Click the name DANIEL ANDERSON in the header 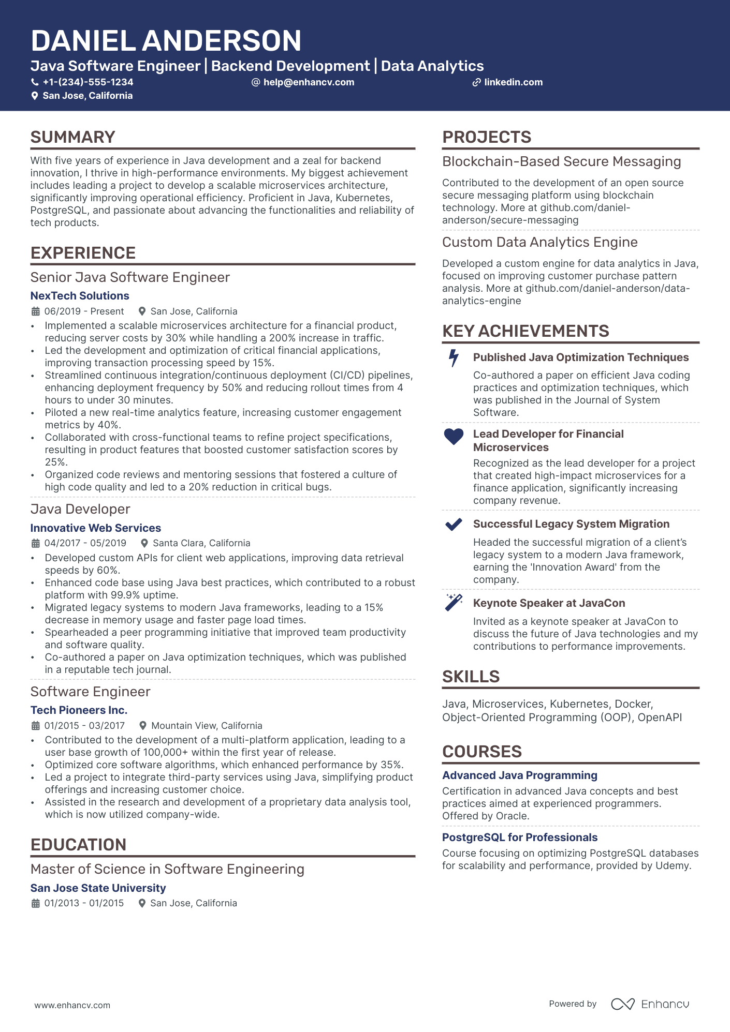(x=166, y=41)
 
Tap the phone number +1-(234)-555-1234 (x=87, y=82)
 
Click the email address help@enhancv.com (x=309, y=82)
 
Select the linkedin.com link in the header (x=513, y=82)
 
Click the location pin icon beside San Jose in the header (x=35, y=96)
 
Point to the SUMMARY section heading (x=72, y=137)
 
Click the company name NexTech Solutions (x=80, y=296)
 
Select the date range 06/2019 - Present (x=84, y=311)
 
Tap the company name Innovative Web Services (x=96, y=528)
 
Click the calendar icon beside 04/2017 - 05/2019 (x=36, y=543)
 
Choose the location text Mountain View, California (x=207, y=726)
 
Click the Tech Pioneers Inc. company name (x=79, y=710)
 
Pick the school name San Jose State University (x=98, y=888)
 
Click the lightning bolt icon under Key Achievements (x=454, y=358)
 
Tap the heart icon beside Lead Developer (x=454, y=437)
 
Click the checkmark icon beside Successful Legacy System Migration (x=454, y=525)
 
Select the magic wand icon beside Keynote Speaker (x=454, y=603)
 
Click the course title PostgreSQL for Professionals (x=519, y=837)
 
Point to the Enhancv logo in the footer (x=650, y=1004)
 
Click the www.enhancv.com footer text (x=72, y=1005)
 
